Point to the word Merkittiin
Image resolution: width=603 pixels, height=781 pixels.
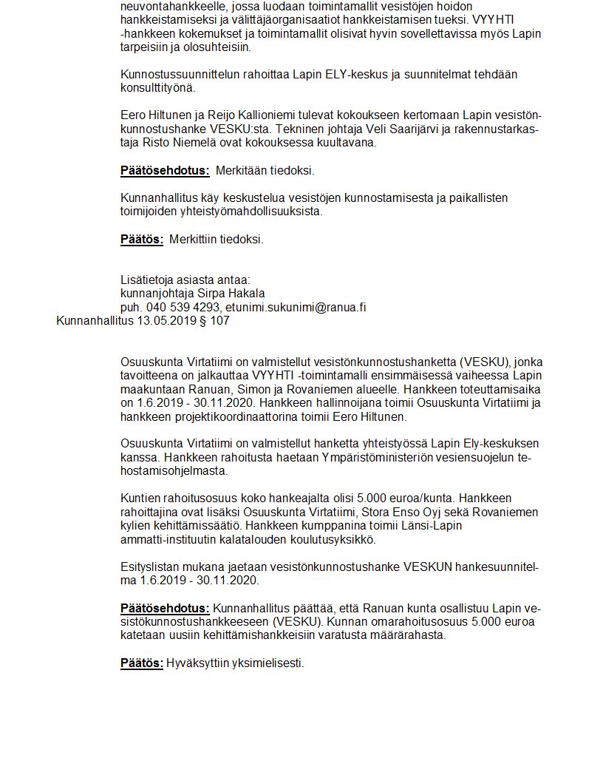pos(197,239)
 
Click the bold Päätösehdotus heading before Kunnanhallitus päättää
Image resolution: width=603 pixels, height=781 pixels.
pos(165,607)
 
